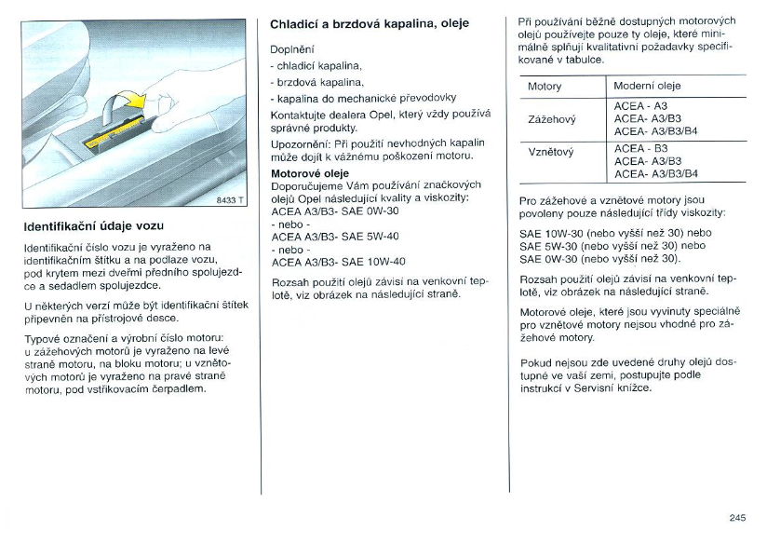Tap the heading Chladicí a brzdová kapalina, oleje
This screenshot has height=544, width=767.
370,23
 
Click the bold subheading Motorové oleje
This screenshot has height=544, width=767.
310,173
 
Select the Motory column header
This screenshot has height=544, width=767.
545,87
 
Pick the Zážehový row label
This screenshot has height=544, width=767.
552,119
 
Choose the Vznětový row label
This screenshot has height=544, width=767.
551,151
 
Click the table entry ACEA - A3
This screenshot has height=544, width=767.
641,106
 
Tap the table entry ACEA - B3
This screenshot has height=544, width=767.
641,148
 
